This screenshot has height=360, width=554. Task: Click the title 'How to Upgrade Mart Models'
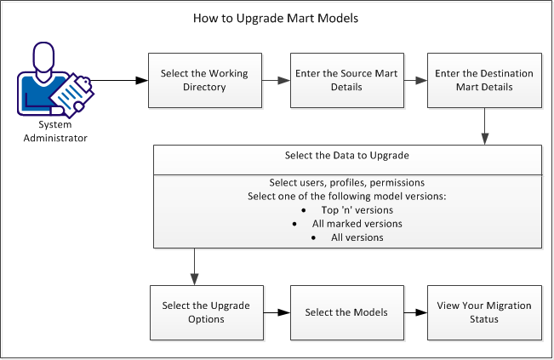(277, 18)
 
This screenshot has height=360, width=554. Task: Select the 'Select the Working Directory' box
(204, 81)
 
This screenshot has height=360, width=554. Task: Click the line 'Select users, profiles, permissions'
(347, 184)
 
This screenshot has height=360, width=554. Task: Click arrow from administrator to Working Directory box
(117, 81)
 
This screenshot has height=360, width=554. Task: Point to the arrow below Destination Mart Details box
(484, 127)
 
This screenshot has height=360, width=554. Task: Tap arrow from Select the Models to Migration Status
(414, 312)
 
